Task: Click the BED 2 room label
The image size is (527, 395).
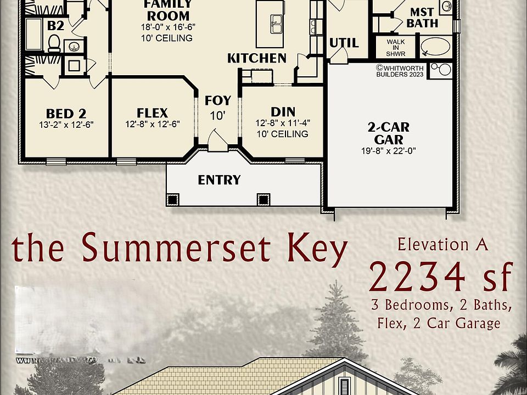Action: click(66, 114)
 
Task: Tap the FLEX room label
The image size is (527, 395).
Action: click(152, 113)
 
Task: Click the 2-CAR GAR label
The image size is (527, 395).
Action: click(388, 133)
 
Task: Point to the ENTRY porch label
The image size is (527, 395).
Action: click(219, 180)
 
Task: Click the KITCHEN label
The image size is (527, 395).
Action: click(257, 58)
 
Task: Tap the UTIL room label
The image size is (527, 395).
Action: click(344, 43)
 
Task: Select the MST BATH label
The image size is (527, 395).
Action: click(422, 18)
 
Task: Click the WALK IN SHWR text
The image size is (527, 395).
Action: click(395, 47)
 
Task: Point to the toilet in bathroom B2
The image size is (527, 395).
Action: click(54, 43)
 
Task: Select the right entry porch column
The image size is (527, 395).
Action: click(263, 199)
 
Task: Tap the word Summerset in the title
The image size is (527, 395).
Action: click(177, 249)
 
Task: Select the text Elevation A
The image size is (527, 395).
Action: click(442, 245)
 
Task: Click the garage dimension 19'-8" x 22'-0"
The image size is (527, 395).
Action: click(388, 151)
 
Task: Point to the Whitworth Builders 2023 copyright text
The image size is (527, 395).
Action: click(400, 71)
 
